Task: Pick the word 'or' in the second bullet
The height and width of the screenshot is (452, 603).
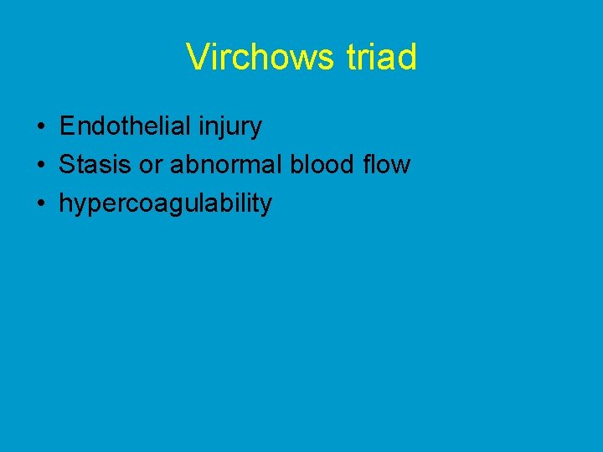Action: click(x=151, y=165)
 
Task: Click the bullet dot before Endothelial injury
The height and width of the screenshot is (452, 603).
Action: click(x=40, y=127)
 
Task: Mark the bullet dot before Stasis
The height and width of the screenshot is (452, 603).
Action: click(x=40, y=166)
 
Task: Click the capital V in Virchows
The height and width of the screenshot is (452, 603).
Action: click(x=198, y=58)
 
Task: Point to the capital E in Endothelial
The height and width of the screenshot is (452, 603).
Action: click(x=67, y=126)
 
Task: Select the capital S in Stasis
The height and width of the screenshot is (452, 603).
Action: click(x=66, y=165)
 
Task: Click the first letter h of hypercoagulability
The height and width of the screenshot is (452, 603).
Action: click(x=64, y=203)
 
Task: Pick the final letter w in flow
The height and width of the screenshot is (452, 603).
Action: click(x=402, y=165)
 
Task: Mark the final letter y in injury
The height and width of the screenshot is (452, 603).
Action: click(x=256, y=129)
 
